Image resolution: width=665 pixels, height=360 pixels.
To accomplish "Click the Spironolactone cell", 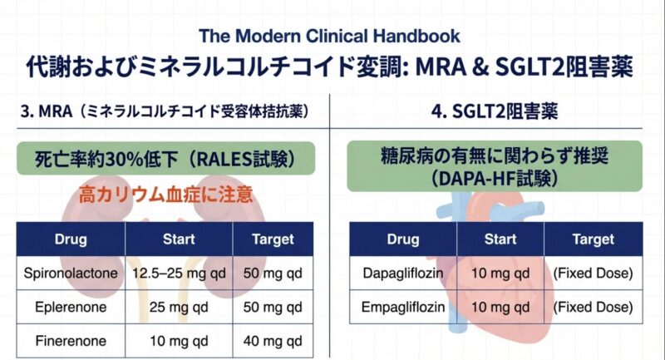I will [71, 274].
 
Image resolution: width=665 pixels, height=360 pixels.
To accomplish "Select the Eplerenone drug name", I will [71, 306].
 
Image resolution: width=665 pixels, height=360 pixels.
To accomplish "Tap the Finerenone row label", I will [71, 339].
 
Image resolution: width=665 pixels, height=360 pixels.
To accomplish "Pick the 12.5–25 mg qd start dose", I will [179, 274].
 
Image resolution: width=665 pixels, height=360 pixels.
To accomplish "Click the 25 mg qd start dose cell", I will [179, 306].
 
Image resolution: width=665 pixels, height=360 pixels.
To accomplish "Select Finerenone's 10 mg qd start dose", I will [179, 339].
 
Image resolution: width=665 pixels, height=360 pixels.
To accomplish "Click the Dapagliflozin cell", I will [402, 274].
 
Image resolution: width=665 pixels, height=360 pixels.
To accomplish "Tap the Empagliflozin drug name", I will [402, 307].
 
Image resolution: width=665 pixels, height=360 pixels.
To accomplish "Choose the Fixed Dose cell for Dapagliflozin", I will [593, 274].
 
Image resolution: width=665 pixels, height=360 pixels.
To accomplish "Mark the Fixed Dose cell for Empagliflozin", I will [593, 307].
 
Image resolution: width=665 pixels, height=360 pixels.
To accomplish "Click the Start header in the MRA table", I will [179, 239].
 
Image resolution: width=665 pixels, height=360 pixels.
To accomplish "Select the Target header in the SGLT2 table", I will [593, 239].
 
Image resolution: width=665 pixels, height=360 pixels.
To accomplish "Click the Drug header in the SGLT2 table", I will [402, 239].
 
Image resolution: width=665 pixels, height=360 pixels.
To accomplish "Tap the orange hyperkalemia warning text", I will [165, 196].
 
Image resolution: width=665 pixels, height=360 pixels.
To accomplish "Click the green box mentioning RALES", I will [165, 158].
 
